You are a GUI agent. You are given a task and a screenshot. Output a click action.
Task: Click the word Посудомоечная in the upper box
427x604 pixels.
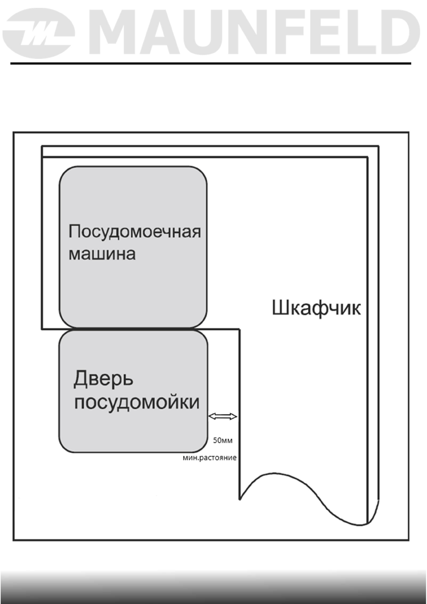(x=134, y=232)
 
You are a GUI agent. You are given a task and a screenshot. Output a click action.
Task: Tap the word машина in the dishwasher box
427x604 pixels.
(x=102, y=254)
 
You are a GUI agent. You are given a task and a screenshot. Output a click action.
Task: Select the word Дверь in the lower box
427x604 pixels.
(x=103, y=379)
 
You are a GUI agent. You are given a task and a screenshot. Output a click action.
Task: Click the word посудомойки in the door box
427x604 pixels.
(x=137, y=402)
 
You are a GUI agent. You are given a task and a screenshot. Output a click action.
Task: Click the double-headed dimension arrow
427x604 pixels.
(x=223, y=416)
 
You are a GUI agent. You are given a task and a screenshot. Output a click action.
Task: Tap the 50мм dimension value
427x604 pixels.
(x=223, y=440)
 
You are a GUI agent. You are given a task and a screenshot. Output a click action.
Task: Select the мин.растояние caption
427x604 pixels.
(x=210, y=458)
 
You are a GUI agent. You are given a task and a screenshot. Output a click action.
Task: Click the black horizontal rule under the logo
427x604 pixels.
(x=211, y=63)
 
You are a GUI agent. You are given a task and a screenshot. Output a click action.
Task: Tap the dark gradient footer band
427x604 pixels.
(x=213, y=588)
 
